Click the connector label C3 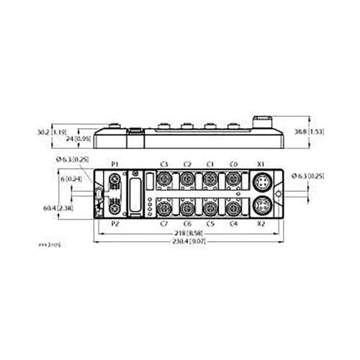tap(163, 164)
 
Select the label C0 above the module tap(234, 164)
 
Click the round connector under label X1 tap(260, 179)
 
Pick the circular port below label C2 tap(187, 179)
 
